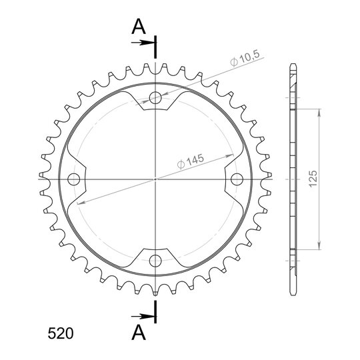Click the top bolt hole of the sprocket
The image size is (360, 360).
[155, 98]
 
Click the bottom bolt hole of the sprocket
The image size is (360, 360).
[155, 261]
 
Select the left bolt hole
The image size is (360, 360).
[74, 179]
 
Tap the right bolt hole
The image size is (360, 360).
[237, 179]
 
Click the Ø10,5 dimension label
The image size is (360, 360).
[245, 58]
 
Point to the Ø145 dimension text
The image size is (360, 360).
[191, 161]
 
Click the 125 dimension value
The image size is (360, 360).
[313, 179]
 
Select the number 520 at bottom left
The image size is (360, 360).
[61, 333]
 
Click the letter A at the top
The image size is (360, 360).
[139, 27]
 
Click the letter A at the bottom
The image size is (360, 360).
[139, 333]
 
